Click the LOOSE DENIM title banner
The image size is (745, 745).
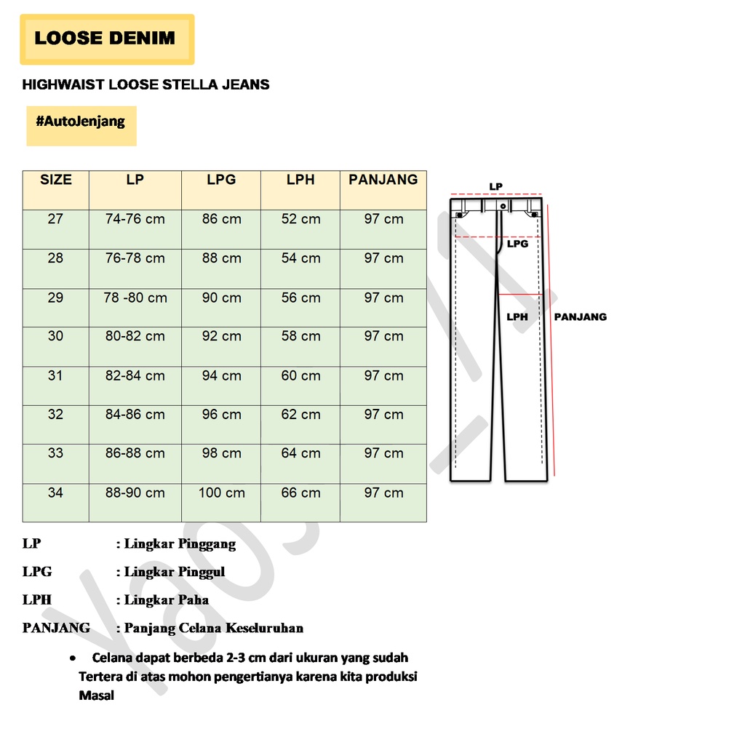[106, 39]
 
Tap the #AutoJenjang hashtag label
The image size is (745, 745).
[81, 121]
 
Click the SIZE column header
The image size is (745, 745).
[56, 180]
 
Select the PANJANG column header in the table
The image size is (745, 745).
[383, 180]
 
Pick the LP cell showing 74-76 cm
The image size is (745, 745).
[135, 219]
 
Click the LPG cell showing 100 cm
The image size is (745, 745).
[221, 493]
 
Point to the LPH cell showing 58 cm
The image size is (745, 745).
[300, 336]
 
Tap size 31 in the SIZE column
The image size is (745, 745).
[55, 376]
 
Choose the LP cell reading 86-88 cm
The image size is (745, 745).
[135, 453]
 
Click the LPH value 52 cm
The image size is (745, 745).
[300, 219]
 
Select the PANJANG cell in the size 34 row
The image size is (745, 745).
[383, 493]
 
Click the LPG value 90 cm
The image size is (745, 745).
[221, 298]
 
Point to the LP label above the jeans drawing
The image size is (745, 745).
[495, 187]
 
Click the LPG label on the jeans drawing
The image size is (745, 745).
[517, 244]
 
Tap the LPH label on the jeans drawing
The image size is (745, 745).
[517, 317]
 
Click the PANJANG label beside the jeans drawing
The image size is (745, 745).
[580, 317]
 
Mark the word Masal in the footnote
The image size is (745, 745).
[96, 696]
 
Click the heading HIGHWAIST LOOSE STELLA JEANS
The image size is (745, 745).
[146, 84]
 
